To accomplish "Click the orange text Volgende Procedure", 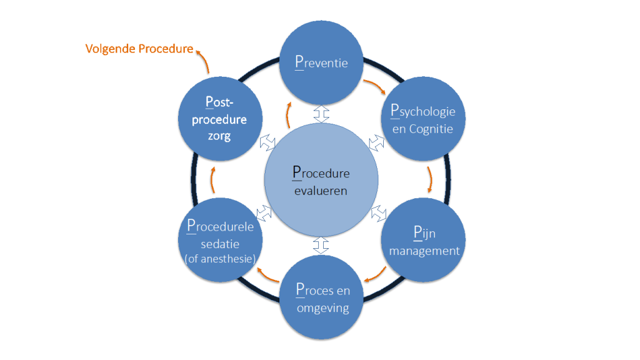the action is tap(139, 49).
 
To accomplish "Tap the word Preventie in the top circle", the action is tap(322, 62).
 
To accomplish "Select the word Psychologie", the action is tap(423, 111).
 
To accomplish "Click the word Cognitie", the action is tap(431, 129).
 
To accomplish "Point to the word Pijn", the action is tap(424, 232).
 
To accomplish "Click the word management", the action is tap(424, 251).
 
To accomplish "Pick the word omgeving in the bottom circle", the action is tap(323, 308).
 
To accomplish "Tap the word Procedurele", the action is tap(221, 226).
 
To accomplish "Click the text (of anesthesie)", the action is tap(221, 259).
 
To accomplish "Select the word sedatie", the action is tap(220, 244).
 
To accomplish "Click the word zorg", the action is tap(219, 136).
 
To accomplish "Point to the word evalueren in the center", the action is tap(321, 191).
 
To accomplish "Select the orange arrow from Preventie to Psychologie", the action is tap(376, 85).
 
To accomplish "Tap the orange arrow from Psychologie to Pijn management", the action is tap(430, 179).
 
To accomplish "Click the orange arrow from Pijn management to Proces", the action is tap(376, 275).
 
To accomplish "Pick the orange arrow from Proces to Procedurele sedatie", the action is tap(267, 276).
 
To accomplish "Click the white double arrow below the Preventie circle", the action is tap(321, 114).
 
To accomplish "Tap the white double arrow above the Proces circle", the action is tap(321, 245).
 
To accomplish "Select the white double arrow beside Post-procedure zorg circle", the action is tap(267, 142).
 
